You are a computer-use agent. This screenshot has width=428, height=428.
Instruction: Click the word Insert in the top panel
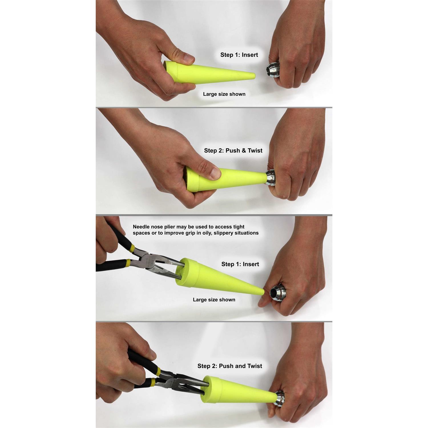[x=249, y=55]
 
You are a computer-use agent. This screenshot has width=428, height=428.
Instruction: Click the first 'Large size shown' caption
[x=224, y=94]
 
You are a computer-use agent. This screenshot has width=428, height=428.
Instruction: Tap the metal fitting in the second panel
[x=271, y=177]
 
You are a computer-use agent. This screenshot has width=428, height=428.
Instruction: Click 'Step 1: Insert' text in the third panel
[x=240, y=264]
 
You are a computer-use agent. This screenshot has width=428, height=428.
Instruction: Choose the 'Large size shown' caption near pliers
[x=214, y=300]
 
